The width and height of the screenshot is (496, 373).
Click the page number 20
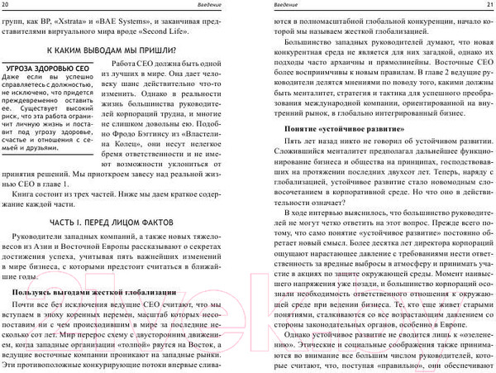click(7, 5)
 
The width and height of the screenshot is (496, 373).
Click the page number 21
click(487, 5)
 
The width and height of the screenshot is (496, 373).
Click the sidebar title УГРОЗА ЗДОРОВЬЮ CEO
click(46, 69)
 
